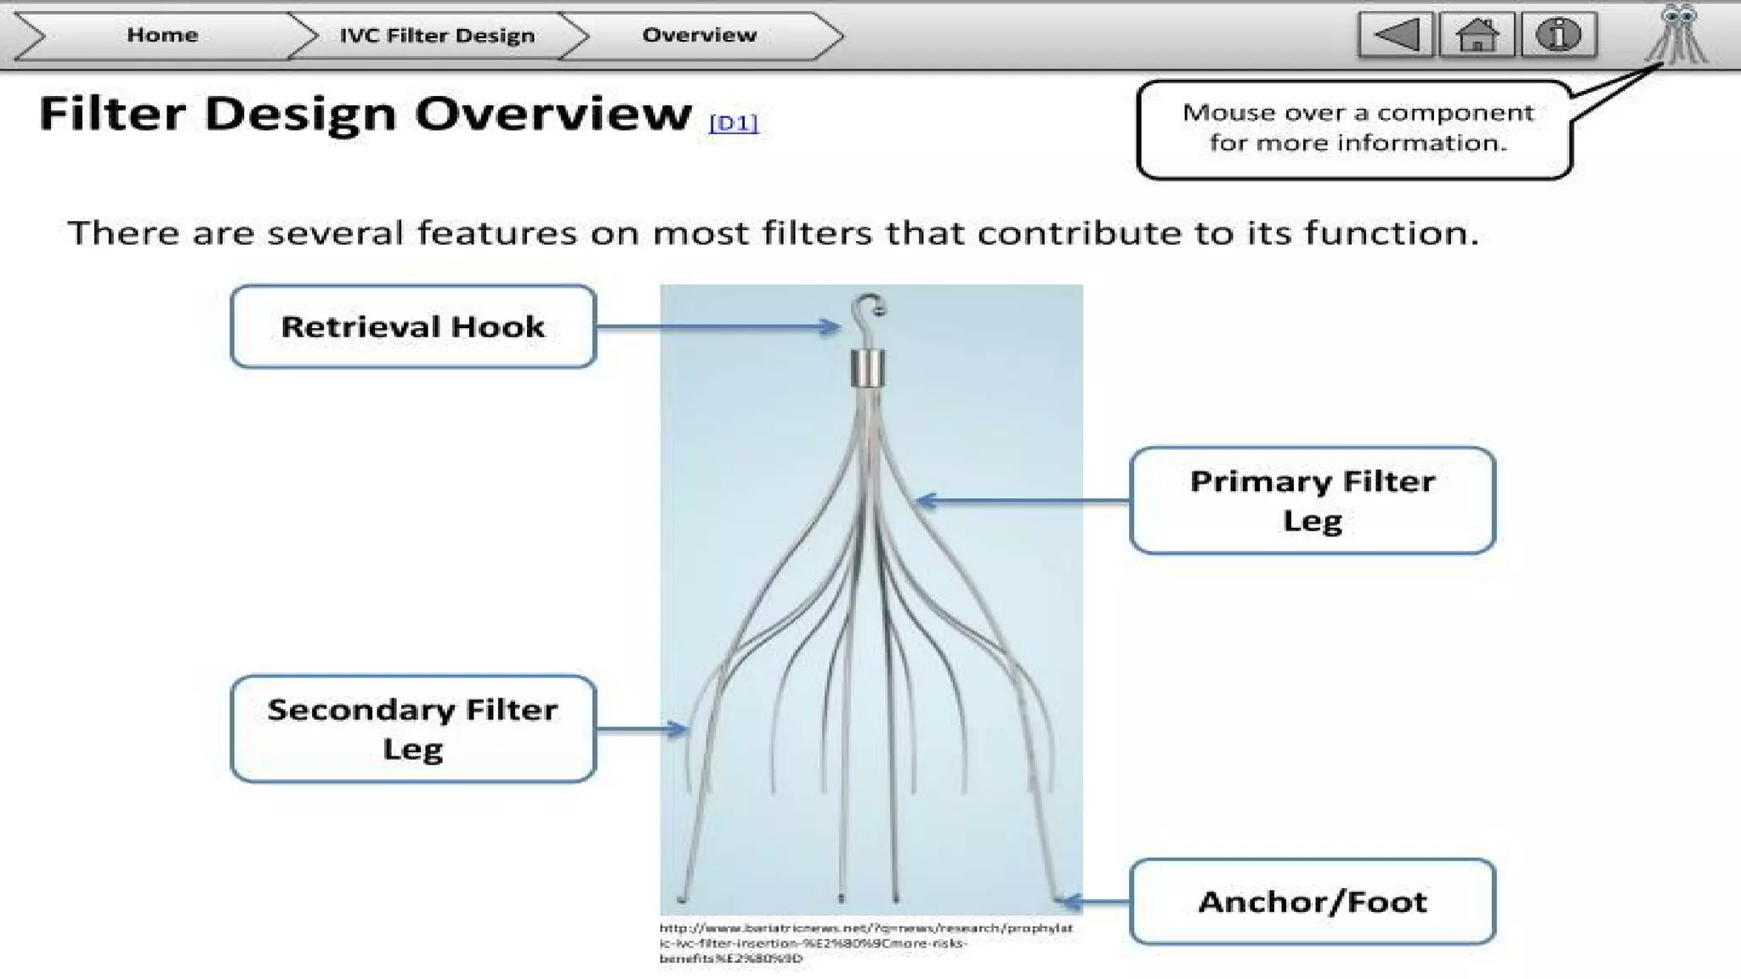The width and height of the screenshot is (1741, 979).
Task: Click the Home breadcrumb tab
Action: click(x=162, y=35)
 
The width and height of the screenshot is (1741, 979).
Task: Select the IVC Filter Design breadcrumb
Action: click(x=437, y=36)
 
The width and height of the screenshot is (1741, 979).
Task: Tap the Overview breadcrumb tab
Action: click(x=699, y=35)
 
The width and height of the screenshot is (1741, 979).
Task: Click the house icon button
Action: click(x=1477, y=35)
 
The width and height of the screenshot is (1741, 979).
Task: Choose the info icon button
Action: click(x=1557, y=35)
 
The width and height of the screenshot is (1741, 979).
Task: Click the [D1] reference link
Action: click(x=733, y=123)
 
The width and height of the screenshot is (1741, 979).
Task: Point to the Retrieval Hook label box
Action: click(x=413, y=326)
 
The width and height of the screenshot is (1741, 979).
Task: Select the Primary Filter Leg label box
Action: click(x=1312, y=501)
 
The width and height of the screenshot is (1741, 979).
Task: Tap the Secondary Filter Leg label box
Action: click(x=413, y=729)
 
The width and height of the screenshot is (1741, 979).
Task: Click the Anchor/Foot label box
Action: click(x=1312, y=902)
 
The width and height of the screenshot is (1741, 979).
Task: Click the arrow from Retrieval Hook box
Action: click(x=718, y=326)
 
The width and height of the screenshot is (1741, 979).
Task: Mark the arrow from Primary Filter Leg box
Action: click(x=1024, y=501)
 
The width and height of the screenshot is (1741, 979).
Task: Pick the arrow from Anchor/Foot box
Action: click(x=1097, y=902)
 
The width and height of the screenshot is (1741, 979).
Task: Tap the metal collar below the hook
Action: click(x=868, y=368)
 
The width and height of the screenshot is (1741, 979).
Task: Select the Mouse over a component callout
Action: click(x=1355, y=128)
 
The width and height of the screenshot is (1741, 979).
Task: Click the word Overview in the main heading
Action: click(x=553, y=114)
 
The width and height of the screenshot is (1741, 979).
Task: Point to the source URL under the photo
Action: click(x=865, y=942)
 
